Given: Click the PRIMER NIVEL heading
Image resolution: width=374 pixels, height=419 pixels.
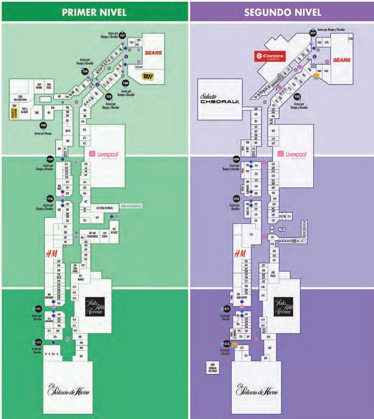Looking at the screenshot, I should pyautogui.click(x=94, y=12).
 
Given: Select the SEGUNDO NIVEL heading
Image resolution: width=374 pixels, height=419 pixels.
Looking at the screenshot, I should pyautogui.click(x=283, y=12).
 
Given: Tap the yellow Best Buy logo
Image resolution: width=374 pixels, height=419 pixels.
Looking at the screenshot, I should pyautogui.click(x=148, y=76).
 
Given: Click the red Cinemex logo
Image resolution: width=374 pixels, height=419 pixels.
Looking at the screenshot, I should pyautogui.click(x=269, y=57).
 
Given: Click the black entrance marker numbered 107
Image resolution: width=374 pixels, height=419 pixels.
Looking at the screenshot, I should pyautogui.click(x=122, y=36).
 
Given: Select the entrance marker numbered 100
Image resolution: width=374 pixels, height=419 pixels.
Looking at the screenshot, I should pyautogui.click(x=43, y=125).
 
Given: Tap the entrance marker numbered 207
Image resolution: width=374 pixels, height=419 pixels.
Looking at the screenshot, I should pyautogui.click(x=313, y=33).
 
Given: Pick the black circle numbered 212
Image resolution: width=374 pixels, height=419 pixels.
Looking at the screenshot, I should pyautogui.click(x=227, y=344).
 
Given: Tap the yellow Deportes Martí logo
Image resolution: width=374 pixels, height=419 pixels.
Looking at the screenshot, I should pyautogui.click(x=13, y=112).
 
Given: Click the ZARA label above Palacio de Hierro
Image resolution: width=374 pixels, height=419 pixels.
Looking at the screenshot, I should pyautogui.click(x=52, y=353).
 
